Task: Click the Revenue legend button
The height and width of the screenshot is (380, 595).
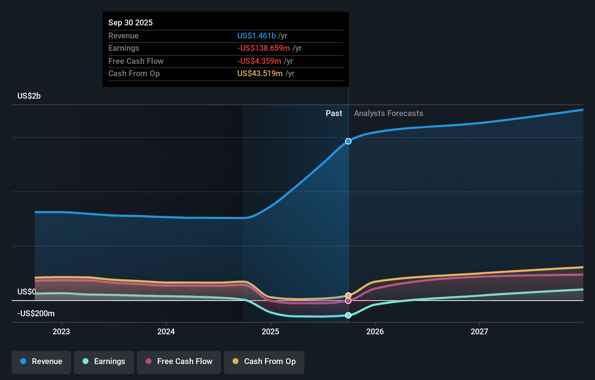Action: (41, 362)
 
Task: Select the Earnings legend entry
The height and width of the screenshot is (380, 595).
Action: (104, 362)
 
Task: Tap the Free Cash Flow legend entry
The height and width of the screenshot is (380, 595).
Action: (179, 362)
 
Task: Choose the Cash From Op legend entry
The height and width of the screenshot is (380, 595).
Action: (264, 362)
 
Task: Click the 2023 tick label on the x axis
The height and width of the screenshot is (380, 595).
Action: (61, 331)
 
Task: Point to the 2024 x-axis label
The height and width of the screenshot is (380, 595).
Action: (166, 331)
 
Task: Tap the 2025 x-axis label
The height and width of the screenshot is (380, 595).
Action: (270, 331)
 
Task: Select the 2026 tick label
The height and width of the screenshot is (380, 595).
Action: (375, 331)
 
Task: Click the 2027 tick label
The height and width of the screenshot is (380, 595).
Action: (479, 331)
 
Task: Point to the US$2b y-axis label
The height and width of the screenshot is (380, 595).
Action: (29, 96)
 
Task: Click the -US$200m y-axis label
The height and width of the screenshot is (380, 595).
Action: (36, 314)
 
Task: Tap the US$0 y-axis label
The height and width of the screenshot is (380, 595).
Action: (27, 292)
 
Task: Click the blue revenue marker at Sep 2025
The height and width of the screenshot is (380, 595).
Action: (348, 141)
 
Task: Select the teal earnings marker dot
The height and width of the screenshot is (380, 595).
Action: (348, 315)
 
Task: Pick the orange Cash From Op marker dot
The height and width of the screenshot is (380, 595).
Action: (348, 296)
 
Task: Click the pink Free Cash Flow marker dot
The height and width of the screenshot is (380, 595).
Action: (348, 301)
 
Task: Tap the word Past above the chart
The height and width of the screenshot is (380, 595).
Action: (334, 113)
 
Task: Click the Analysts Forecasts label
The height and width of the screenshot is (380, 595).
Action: (388, 113)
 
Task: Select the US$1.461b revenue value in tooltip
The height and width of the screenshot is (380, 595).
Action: (256, 36)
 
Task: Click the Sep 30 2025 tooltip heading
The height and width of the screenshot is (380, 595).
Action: (130, 23)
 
